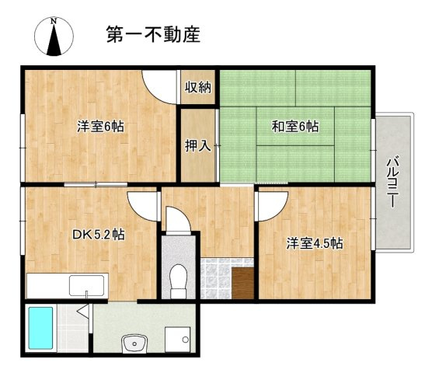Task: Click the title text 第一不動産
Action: coord(153,34)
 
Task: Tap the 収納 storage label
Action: coord(197,87)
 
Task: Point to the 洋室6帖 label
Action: coord(98,126)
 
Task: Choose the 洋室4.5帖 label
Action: coord(315,243)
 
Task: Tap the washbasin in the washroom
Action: coord(134,343)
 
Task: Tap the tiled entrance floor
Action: coord(216,280)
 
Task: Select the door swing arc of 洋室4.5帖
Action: coord(270,207)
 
